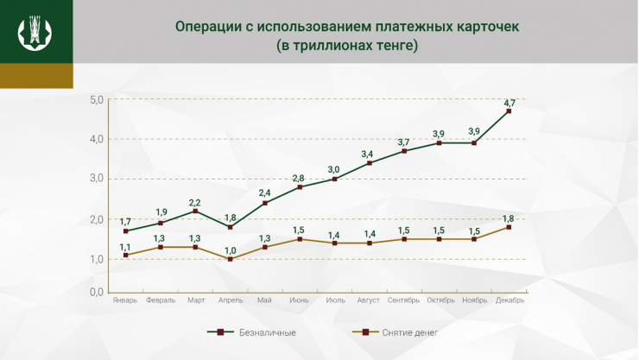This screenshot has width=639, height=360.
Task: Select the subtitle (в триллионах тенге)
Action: pos(347,45)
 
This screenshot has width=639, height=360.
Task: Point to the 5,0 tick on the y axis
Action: pos(96,100)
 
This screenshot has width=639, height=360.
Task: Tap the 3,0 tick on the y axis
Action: pos(96,179)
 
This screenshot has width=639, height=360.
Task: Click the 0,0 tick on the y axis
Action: pos(96,293)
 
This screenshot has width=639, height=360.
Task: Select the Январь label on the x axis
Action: pos(125,301)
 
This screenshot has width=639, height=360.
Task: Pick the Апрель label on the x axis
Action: pos(231,301)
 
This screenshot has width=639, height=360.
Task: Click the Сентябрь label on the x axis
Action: pos(404,301)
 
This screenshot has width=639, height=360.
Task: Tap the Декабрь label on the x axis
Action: pos(509,301)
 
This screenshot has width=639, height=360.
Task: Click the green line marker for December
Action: pos(509,111)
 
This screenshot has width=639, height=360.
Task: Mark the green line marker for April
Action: pos(231,227)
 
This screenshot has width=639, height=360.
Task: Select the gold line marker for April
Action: pos(231,259)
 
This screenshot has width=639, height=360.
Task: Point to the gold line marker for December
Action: pos(509,227)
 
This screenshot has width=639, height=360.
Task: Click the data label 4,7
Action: pos(509,103)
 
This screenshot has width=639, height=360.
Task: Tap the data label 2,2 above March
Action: pos(196,202)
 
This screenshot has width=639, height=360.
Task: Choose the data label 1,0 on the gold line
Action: pos(231,250)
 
